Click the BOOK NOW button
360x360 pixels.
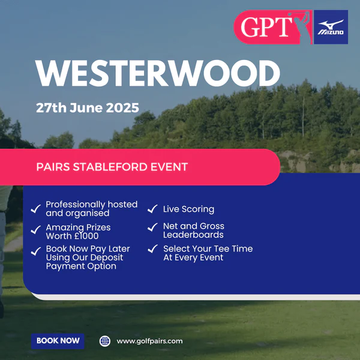58,341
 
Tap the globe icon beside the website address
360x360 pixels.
104,341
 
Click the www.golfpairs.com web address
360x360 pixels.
149,341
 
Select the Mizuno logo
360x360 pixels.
331,27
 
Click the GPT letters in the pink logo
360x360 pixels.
266,26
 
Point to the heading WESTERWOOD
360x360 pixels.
158,73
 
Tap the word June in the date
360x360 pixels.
86,107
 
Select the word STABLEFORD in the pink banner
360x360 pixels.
110,167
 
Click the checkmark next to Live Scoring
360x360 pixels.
152,209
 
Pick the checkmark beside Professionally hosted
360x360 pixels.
36,209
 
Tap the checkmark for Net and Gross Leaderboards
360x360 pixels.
152,227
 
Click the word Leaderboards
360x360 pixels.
193,235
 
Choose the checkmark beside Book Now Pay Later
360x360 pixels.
36,251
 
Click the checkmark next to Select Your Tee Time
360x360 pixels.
152,248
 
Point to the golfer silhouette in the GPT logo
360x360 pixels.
301,27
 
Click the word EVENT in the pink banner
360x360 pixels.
169,167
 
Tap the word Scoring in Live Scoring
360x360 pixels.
198,209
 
